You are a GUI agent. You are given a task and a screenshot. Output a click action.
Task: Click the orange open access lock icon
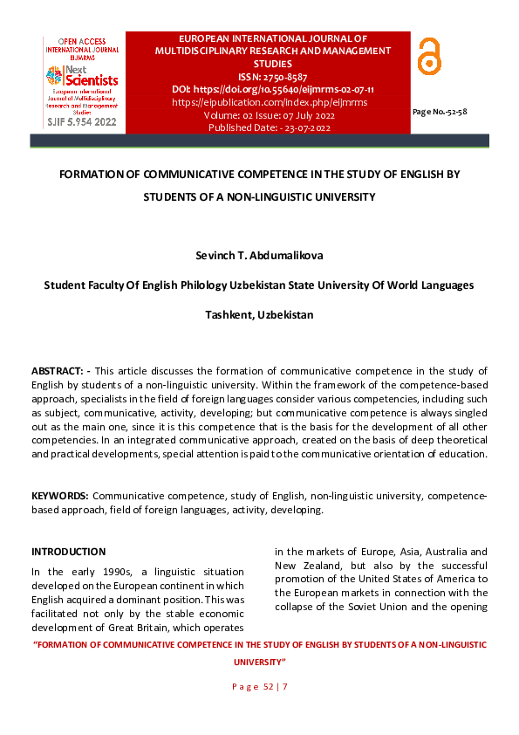tap(429, 57)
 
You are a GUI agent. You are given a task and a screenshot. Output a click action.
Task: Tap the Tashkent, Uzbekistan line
tap(259, 314)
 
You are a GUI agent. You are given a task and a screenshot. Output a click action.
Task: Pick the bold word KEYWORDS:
tap(60, 496)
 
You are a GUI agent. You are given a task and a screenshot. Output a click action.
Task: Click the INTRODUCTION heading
tap(68, 552)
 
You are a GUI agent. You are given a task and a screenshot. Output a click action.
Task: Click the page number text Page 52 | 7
tap(259, 688)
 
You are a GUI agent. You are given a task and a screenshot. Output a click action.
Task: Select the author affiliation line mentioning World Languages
tap(259, 285)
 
